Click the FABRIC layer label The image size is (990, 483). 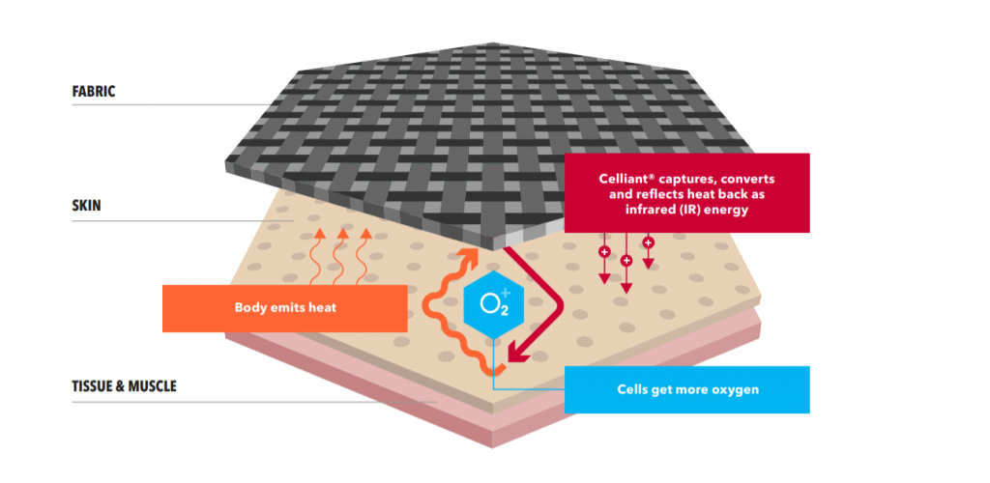point(94,92)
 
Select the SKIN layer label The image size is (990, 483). point(86,206)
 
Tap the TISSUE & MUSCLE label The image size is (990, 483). point(125,385)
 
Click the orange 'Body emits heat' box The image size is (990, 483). point(285,308)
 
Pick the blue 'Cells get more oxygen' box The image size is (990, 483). point(687,389)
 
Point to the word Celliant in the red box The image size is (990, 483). point(623,179)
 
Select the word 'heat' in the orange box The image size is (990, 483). point(323,308)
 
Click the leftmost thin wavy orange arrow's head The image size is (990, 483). point(319,234)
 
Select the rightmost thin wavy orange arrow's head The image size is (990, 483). point(365,234)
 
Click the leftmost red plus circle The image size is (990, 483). point(604,252)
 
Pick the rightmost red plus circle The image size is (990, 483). point(649,242)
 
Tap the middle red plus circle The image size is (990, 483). point(626,261)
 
